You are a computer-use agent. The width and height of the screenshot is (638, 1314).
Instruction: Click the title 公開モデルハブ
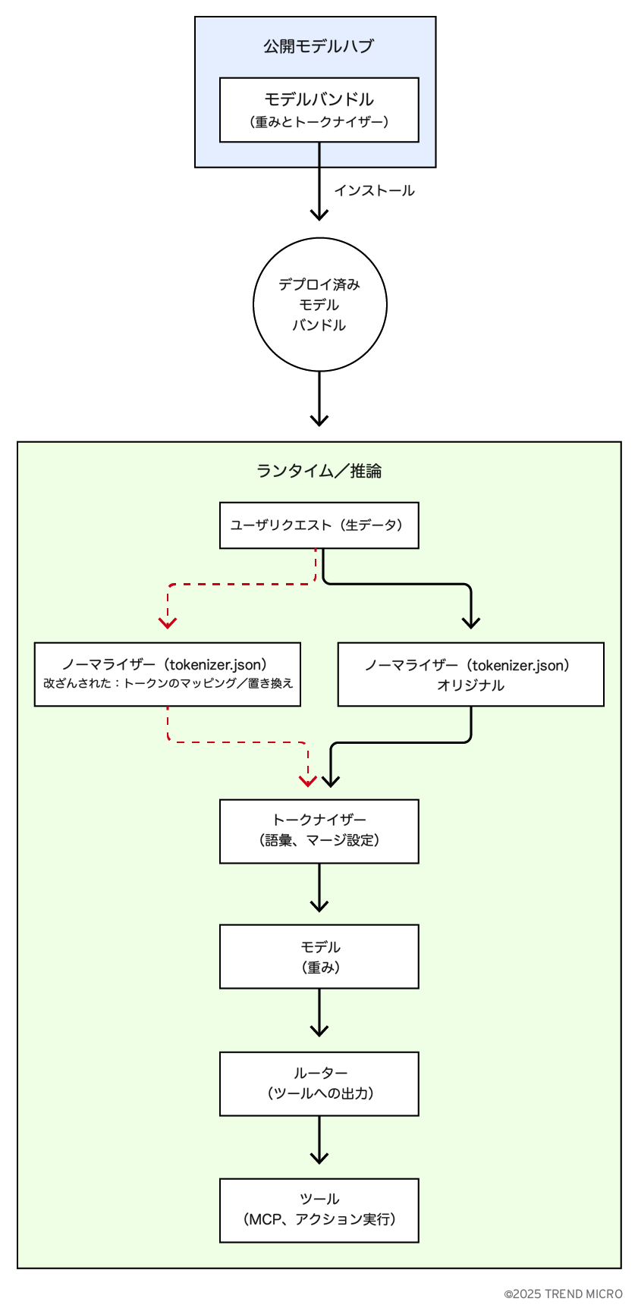pyautogui.click(x=319, y=46)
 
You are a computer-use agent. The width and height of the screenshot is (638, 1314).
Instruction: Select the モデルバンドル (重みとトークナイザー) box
pyautogui.click(x=319, y=110)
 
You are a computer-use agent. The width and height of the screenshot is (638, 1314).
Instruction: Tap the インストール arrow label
pyautogui.click(x=374, y=190)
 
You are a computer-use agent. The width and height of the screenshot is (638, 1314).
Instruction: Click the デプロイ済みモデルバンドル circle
pyautogui.click(x=319, y=305)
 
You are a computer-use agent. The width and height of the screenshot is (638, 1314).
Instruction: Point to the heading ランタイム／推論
pyautogui.click(x=319, y=471)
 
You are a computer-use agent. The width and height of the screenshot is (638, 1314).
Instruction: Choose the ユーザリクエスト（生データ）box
pyautogui.click(x=319, y=525)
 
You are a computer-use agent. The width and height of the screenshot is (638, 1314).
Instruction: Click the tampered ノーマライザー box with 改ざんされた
pyautogui.click(x=168, y=674)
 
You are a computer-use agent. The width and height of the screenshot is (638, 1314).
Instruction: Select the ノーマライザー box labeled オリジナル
pyautogui.click(x=470, y=674)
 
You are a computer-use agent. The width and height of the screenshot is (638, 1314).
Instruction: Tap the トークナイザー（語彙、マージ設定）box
pyautogui.click(x=319, y=831)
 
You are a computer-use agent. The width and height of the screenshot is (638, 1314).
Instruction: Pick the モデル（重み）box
pyautogui.click(x=319, y=956)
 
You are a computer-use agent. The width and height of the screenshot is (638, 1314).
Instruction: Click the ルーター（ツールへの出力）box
pyautogui.click(x=319, y=1084)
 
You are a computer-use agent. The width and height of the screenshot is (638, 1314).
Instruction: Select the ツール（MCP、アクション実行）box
pyautogui.click(x=319, y=1210)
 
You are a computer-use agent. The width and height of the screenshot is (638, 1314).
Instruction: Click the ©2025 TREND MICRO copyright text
pyautogui.click(x=563, y=1294)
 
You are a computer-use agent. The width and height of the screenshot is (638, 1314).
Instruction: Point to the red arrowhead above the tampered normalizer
pyautogui.click(x=168, y=623)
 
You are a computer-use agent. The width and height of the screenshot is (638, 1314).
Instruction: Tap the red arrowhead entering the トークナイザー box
pyautogui.click(x=307, y=781)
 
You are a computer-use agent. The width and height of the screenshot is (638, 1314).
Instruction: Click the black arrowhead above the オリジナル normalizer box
pyautogui.click(x=471, y=623)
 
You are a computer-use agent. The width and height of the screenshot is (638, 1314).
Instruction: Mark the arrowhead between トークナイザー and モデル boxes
pyautogui.click(x=319, y=905)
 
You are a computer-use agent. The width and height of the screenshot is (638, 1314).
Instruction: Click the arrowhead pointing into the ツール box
pyautogui.click(x=319, y=1158)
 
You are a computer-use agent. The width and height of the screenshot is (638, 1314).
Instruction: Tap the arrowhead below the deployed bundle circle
pyautogui.click(x=319, y=420)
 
